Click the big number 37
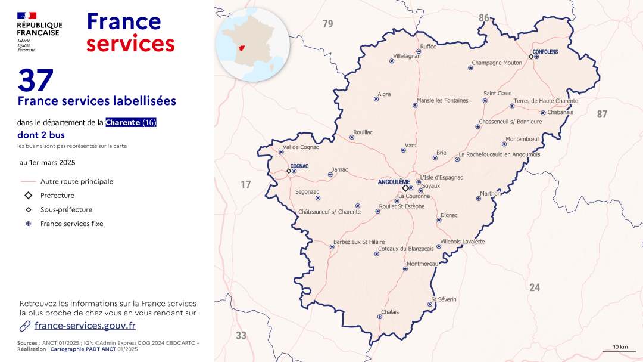36,81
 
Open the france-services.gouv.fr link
85,326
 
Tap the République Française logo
39,32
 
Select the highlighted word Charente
123,122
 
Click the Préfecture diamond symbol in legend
28,196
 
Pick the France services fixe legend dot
28,224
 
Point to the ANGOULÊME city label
394,182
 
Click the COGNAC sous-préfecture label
299,166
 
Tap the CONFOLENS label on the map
545,52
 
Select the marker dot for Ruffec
419,52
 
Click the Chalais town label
390,312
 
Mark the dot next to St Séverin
430,304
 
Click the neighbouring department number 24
535,287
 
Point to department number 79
327,24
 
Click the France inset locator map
252,44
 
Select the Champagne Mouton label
497,63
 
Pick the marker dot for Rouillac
351,137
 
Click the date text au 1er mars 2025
48,162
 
